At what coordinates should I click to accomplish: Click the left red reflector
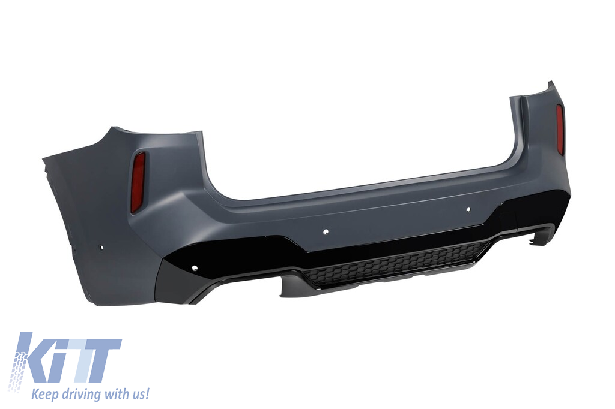(138, 182)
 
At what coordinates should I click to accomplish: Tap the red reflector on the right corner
(560, 129)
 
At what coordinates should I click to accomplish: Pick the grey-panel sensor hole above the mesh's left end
(326, 231)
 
